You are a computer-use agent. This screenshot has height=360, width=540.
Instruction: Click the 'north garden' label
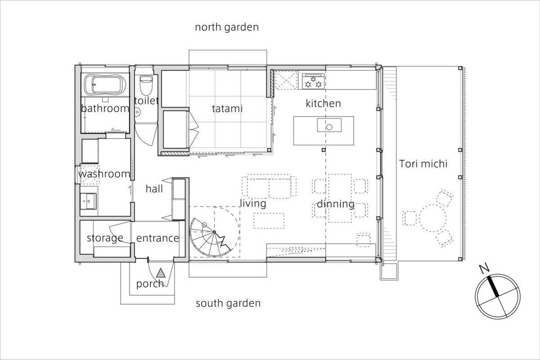pos(227,27)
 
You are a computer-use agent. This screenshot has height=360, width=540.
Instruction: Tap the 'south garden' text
pos(228,303)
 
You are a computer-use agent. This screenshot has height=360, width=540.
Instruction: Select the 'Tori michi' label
pos(423,164)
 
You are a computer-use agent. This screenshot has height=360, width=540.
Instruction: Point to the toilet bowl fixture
pos(146,85)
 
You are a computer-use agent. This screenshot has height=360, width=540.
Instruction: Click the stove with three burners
pos(313,81)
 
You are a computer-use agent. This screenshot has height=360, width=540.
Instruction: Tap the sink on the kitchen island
pos(329,125)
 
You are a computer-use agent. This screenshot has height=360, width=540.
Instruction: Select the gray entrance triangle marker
pos(161,273)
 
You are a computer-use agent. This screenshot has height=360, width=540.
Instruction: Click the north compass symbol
pos(498,297)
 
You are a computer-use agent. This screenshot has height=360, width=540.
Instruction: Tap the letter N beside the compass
pos(484,269)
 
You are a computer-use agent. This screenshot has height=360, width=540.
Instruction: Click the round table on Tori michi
pos(433,218)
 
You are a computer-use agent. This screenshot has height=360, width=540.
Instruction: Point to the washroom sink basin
pos(88,201)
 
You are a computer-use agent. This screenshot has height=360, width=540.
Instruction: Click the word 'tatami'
pos(227,108)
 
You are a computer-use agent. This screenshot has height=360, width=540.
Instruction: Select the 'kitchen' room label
pos(323,103)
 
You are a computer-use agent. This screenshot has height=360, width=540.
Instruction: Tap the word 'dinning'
pos(335,204)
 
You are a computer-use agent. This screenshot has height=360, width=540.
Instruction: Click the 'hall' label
pos(154,189)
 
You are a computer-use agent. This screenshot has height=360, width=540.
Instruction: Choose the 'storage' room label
pos(105,238)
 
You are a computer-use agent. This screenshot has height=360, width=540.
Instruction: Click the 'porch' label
pos(150,284)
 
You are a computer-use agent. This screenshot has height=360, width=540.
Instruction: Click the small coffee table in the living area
pos(269,220)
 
